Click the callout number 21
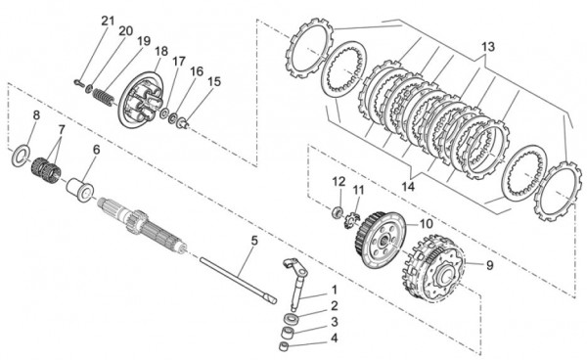(x=108, y=21)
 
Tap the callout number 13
(x=488, y=47)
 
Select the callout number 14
(x=408, y=187)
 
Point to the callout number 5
(x=254, y=241)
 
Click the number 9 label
(x=490, y=265)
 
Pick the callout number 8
(x=36, y=114)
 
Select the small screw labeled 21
(x=80, y=83)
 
